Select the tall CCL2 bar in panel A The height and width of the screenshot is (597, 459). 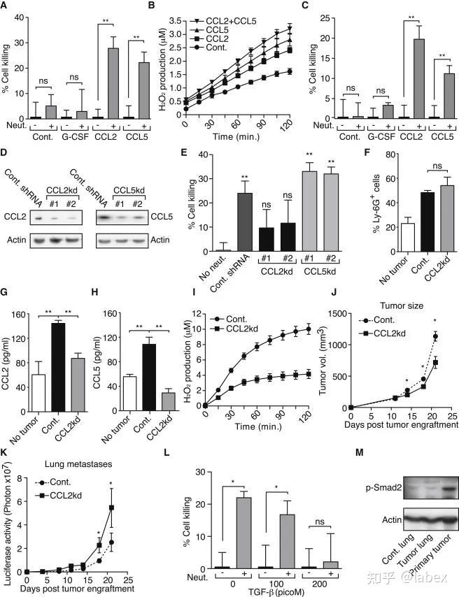113,82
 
